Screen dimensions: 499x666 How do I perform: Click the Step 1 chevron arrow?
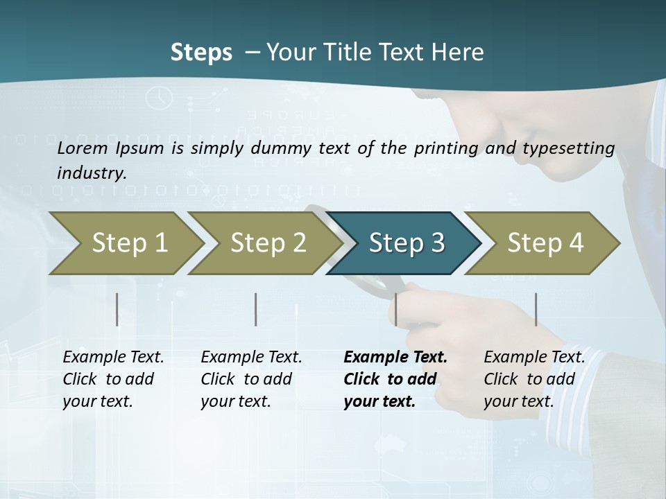[129, 243]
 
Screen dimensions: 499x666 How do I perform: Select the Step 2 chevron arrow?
[268, 243]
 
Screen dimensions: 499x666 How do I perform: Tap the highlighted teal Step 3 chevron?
[405, 243]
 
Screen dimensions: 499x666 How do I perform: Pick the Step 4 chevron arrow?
[545, 243]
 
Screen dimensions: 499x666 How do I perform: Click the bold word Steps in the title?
[201, 53]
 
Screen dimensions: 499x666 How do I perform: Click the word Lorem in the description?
[81, 148]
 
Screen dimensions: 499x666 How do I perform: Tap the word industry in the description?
[91, 173]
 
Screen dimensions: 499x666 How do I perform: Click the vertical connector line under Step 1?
[117, 309]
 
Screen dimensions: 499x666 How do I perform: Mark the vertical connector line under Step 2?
[256, 309]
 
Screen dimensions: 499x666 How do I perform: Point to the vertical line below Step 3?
[395, 309]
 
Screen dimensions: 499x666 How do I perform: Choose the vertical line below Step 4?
[536, 309]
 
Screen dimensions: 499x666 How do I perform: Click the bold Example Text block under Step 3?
[395, 379]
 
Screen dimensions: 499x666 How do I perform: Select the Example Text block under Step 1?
[113, 379]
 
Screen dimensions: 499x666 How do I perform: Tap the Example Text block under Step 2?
[251, 379]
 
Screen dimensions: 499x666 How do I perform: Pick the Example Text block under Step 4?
[534, 379]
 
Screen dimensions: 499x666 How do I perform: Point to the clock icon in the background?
[160, 97]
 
